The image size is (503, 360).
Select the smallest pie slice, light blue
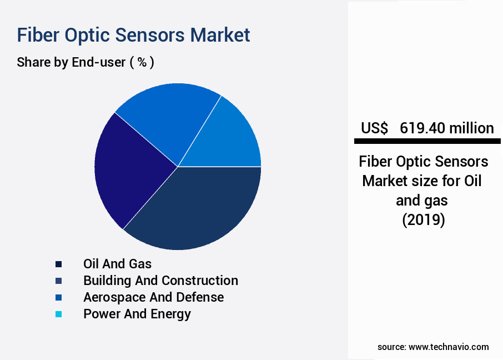pos(230,139)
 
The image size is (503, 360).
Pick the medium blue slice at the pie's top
pos(167,117)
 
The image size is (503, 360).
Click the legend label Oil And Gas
pos(117,264)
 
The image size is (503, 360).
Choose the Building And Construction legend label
pos(160,281)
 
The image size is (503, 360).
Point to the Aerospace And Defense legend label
pos(153,297)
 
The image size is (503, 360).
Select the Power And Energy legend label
pos(137,314)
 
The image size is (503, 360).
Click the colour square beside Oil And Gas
pos(59,264)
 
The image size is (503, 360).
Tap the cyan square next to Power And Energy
pos(59,314)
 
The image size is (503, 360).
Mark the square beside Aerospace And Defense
pos(59,297)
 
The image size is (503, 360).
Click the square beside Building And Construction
pos(59,281)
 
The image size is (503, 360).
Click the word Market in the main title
pos(220,34)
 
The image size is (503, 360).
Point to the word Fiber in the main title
pos(38,34)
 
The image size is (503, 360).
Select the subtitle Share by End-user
pos(71,62)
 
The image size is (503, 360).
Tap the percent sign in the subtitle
pos(142,62)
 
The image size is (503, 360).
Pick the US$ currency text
pos(374,128)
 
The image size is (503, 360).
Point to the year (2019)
pos(423,220)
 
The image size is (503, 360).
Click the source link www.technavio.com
pos(449,347)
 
